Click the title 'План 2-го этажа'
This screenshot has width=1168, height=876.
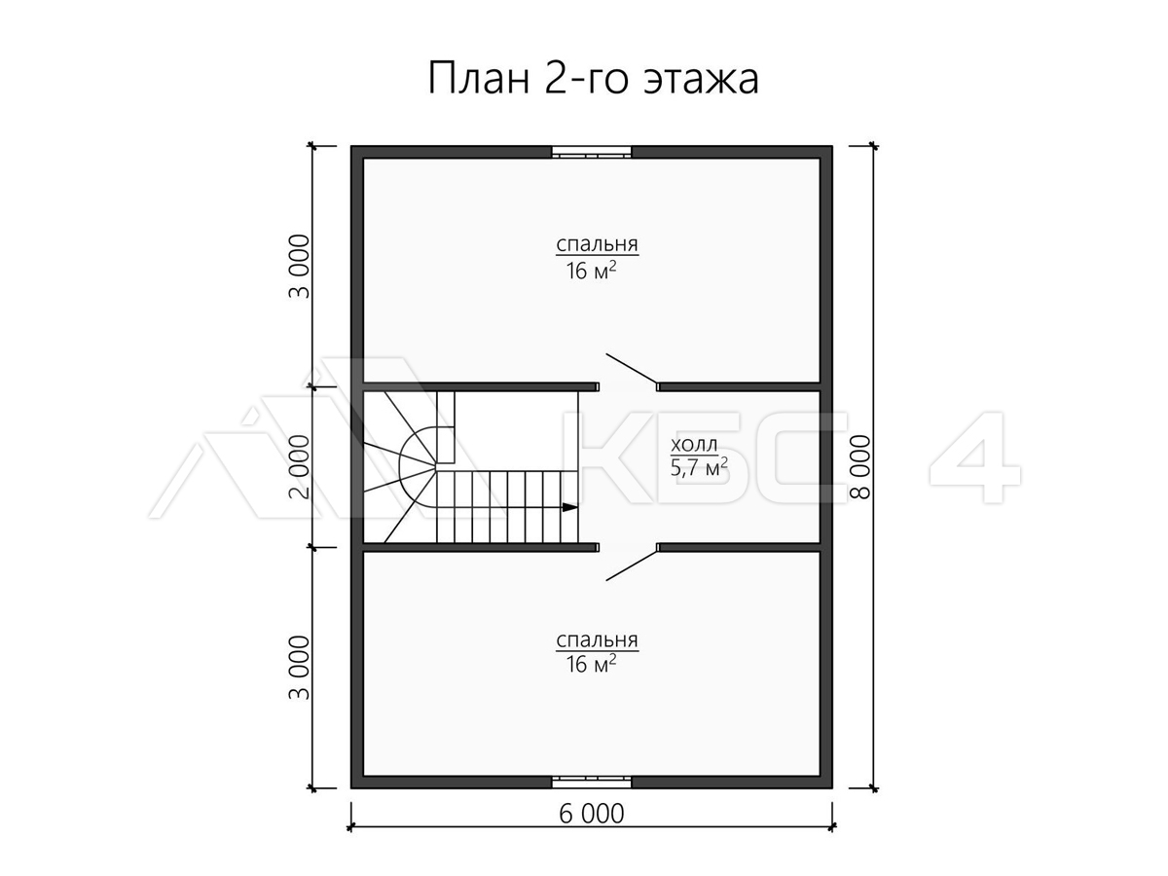pyautogui.click(x=593, y=79)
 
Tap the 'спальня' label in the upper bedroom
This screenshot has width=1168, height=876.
pyautogui.click(x=597, y=244)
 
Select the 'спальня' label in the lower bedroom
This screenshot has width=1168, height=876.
pyautogui.click(x=597, y=639)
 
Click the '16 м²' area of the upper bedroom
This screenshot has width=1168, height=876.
pyautogui.click(x=591, y=272)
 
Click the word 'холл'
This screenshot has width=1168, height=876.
pyautogui.click(x=694, y=445)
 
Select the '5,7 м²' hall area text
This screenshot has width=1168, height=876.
pyautogui.click(x=699, y=468)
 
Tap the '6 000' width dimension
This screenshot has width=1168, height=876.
pyautogui.click(x=591, y=814)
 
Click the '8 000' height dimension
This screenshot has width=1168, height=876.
pyautogui.click(x=860, y=467)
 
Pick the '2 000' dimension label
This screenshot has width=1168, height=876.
pyautogui.click(x=299, y=467)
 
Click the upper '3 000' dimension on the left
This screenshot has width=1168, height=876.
pyautogui.click(x=299, y=267)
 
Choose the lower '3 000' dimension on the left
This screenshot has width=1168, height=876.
pyautogui.click(x=299, y=668)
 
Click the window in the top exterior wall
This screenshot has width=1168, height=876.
pyautogui.click(x=592, y=152)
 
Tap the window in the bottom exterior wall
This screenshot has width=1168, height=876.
pyautogui.click(x=592, y=782)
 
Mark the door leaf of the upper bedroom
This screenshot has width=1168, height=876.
pyautogui.click(x=632, y=369)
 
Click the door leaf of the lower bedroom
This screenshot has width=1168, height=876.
pyautogui.click(x=632, y=566)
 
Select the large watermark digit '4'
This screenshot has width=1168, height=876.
pyautogui.click(x=975, y=457)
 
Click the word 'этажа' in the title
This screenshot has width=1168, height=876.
pyautogui.click(x=702, y=80)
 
